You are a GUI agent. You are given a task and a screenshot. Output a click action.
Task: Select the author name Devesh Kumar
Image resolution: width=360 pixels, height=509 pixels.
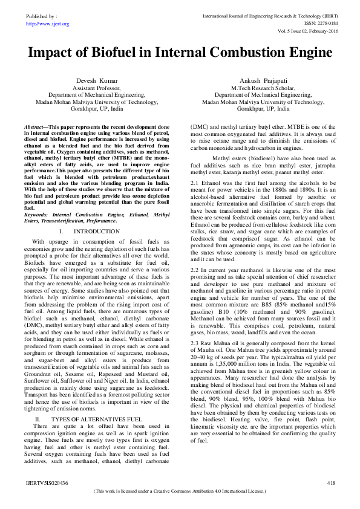[96, 80]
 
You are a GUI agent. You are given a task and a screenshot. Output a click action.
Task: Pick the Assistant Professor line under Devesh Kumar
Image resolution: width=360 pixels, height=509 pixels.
[96, 88]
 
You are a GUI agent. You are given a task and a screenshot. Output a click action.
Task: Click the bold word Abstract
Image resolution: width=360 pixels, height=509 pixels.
[34, 126]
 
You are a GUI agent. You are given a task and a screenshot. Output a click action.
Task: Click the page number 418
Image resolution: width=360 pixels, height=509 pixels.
[330, 483]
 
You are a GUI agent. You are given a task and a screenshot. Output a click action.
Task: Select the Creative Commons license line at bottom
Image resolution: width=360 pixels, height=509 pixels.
[180, 491]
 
